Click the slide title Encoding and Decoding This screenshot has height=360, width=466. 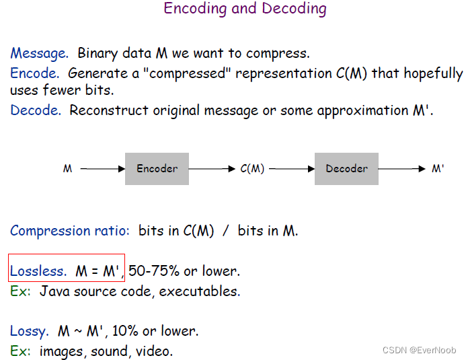tap(245, 9)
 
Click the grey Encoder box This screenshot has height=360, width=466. tap(157, 169)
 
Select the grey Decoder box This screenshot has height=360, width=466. tap(346, 169)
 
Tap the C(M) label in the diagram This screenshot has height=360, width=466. tap(252, 170)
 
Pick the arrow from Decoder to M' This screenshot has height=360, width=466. tap(401, 170)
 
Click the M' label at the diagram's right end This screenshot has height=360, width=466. tap(438, 170)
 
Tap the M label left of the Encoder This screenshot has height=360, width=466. tap(68, 170)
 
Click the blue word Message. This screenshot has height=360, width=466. tap(39, 53)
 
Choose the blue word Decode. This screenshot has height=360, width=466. tap(36, 110)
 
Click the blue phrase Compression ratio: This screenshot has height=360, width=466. tap(70, 231)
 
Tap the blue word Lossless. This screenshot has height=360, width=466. tap(38, 271)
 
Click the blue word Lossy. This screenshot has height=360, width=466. tap(29, 331)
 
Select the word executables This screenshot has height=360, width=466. tap(206, 291)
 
